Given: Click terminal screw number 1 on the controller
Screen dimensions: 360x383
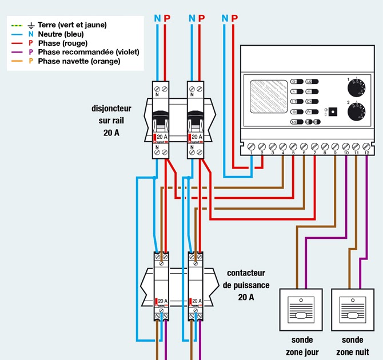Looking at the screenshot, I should tap(252, 146).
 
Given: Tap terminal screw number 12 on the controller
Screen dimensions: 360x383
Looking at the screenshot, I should tap(366, 146).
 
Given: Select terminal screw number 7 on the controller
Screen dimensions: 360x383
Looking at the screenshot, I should tap(314, 146).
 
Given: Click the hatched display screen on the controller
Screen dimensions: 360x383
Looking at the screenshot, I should tap(269, 99).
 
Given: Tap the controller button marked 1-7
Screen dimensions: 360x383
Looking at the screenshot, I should tap(296, 101).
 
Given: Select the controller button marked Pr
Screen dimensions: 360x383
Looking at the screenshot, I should tap(312, 111).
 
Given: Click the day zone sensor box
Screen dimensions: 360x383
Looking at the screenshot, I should tap(300, 309).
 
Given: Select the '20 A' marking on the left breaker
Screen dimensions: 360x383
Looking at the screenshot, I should tap(162, 138).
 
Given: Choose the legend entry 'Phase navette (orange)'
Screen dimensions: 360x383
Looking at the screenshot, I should tap(79, 61).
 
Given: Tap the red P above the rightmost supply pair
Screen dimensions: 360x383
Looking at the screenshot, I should tap(234, 19).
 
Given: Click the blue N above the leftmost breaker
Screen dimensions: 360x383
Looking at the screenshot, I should tap(158, 19).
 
